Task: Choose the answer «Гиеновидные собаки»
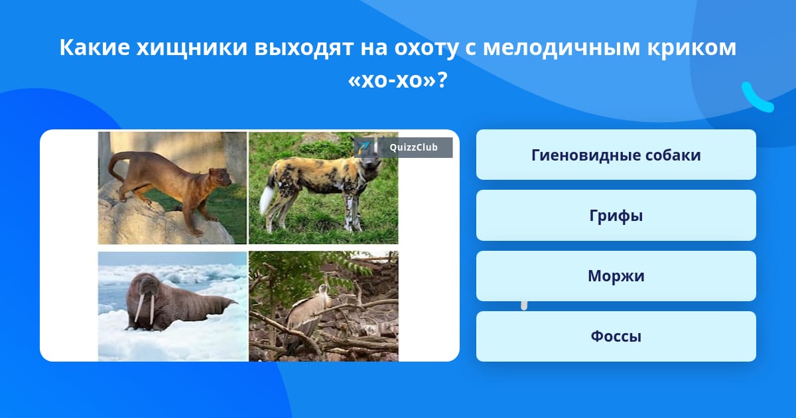616,155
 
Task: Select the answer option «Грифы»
616,216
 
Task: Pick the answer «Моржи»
616,276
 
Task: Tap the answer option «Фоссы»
616,336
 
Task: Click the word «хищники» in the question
192,48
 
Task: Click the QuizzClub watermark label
403,147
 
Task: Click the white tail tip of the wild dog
266,200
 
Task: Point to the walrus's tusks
145,309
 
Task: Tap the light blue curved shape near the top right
757,98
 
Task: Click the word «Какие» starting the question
94,48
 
